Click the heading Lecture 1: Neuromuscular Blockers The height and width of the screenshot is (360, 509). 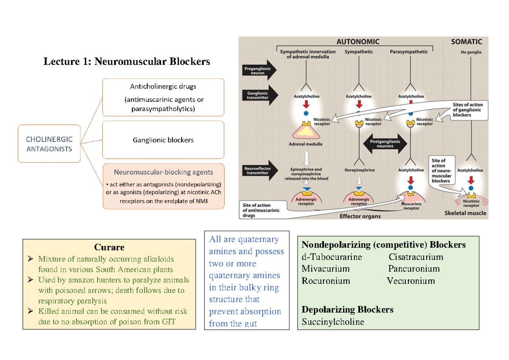click(x=126, y=61)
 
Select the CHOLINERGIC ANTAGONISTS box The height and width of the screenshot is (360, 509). click(x=49, y=144)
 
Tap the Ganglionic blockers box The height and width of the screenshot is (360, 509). click(x=163, y=140)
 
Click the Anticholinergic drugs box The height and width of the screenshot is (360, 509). click(x=163, y=97)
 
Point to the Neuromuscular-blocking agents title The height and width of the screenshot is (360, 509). click(x=163, y=172)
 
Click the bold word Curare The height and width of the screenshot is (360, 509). click(x=109, y=247)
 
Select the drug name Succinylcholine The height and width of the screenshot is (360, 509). click(x=333, y=322)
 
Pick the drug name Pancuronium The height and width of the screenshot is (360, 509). click(x=414, y=269)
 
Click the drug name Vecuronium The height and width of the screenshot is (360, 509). click(x=411, y=281)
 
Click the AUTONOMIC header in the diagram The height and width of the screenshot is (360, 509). click(x=358, y=42)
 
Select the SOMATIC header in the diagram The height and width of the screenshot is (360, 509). click(x=466, y=42)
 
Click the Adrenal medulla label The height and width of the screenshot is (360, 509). click(x=305, y=144)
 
